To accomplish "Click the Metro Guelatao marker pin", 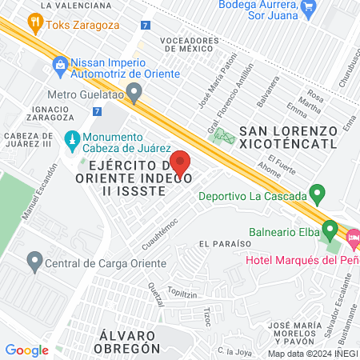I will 134,92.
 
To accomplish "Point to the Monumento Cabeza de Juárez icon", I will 71,138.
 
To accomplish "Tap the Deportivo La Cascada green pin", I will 318,194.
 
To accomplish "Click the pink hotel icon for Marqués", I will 353,237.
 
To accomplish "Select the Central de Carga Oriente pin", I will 34,260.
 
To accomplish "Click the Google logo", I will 26,350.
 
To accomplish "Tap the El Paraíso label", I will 220,243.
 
